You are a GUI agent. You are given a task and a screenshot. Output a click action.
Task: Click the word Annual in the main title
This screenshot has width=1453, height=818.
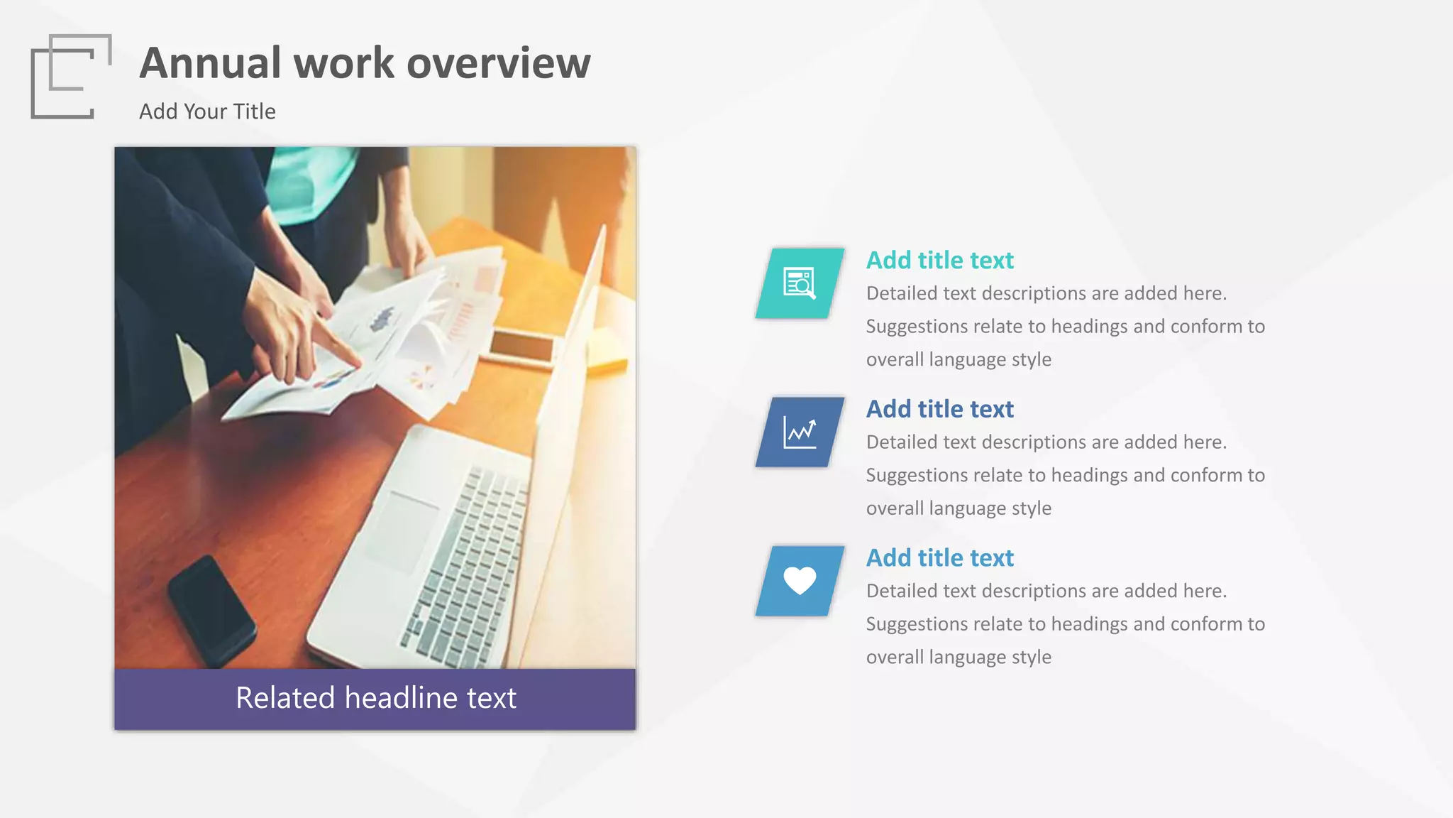(x=210, y=63)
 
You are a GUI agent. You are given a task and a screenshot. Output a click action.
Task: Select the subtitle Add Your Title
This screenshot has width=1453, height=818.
(x=207, y=111)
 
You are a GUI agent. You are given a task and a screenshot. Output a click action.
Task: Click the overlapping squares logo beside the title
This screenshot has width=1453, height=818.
(x=71, y=76)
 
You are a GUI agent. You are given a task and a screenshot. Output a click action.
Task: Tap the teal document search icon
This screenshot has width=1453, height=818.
(x=800, y=283)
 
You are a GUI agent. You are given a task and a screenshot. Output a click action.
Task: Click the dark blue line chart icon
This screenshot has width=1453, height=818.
(x=800, y=432)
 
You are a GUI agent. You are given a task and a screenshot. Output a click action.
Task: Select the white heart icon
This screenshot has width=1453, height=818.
(x=800, y=581)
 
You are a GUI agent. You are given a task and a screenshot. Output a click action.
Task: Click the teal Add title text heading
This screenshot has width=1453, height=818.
(x=939, y=261)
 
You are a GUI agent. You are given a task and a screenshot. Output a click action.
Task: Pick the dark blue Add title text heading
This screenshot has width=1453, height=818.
(x=939, y=410)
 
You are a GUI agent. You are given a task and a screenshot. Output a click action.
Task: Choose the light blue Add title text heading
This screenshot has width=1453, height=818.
(x=939, y=558)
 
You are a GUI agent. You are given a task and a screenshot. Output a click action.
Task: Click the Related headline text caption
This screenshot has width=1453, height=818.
(x=375, y=698)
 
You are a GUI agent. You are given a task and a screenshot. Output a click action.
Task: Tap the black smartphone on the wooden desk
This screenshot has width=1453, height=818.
(x=211, y=611)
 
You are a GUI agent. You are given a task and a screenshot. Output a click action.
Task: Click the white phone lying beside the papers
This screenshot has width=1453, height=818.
(x=521, y=348)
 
